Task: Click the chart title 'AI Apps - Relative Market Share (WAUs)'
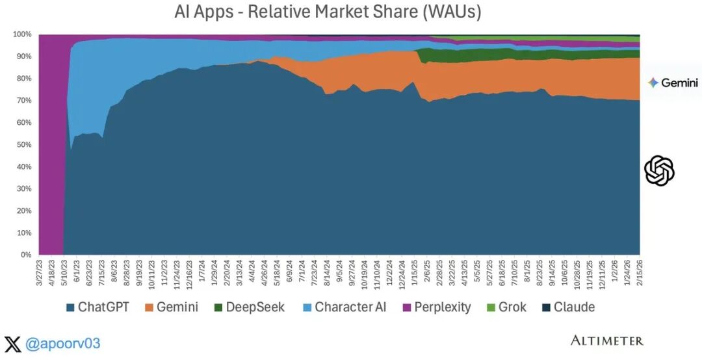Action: coord(328,12)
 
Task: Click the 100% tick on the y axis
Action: coord(21,34)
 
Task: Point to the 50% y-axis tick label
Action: coord(23,144)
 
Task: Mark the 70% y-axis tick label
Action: coord(23,100)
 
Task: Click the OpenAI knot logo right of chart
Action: coord(659,171)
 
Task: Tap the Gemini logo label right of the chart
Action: coord(673,83)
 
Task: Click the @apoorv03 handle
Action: coord(62,343)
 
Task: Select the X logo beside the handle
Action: coord(12,343)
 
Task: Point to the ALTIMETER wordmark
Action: coord(606,341)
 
